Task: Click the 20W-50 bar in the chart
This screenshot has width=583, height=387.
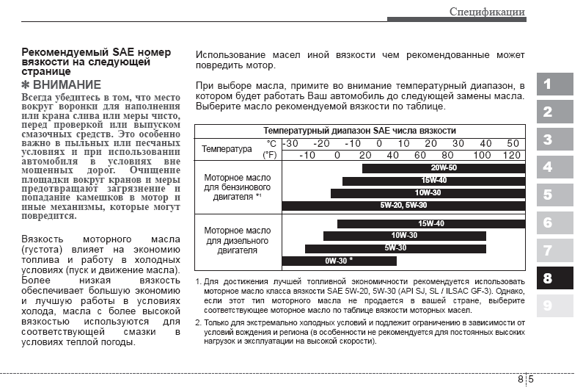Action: (444, 168)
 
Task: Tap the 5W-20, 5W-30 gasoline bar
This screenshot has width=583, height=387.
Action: (403, 206)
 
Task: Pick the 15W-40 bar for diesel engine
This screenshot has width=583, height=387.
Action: (431, 224)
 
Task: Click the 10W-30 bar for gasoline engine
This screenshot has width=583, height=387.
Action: (428, 193)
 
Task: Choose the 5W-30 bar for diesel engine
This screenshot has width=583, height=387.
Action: (395, 248)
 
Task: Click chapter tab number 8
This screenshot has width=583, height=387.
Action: (554, 278)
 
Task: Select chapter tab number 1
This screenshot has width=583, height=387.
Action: (554, 84)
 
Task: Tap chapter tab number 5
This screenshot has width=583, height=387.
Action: (554, 195)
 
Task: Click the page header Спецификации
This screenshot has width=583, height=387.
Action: (487, 11)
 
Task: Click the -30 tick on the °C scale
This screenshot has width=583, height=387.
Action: (290, 143)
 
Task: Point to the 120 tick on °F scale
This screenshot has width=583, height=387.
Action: (512, 155)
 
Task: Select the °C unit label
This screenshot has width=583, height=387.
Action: (271, 143)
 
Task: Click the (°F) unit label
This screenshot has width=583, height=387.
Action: (270, 155)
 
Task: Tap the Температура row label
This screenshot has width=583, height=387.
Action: (227, 149)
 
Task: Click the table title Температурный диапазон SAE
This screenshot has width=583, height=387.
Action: (359, 130)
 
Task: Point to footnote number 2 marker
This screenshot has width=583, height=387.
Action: (198, 322)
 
